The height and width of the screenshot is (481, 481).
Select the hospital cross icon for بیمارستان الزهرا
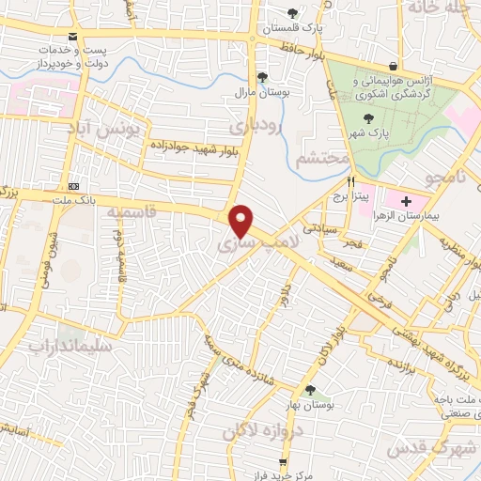tap(407, 201)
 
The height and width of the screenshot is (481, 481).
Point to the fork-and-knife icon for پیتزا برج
tap(351, 181)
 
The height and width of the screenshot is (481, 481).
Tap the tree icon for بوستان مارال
tap(262, 78)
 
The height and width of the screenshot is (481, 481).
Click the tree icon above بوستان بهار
tap(311, 391)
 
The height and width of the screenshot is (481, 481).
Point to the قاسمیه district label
tap(132, 215)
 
